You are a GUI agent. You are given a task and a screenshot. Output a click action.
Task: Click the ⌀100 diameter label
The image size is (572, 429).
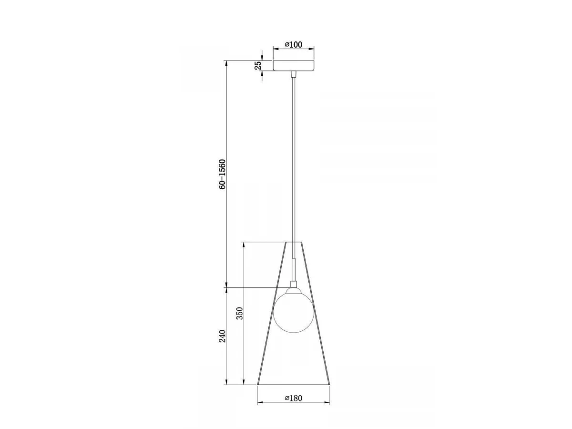(x=294, y=44)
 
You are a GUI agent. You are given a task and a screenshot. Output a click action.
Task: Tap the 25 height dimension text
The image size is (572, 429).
(x=258, y=65)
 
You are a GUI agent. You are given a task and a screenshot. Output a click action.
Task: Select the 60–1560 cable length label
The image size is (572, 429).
(x=222, y=174)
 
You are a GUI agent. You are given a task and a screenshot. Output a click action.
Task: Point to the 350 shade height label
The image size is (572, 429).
(x=240, y=313)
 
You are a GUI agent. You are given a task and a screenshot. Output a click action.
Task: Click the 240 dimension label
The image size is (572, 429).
(x=222, y=336)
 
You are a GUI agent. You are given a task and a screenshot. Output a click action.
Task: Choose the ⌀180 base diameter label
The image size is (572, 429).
(x=294, y=405)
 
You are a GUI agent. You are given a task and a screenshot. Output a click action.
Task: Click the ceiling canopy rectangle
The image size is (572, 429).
(x=294, y=65)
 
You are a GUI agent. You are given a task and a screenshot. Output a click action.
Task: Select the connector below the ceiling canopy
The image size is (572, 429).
(x=294, y=74)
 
